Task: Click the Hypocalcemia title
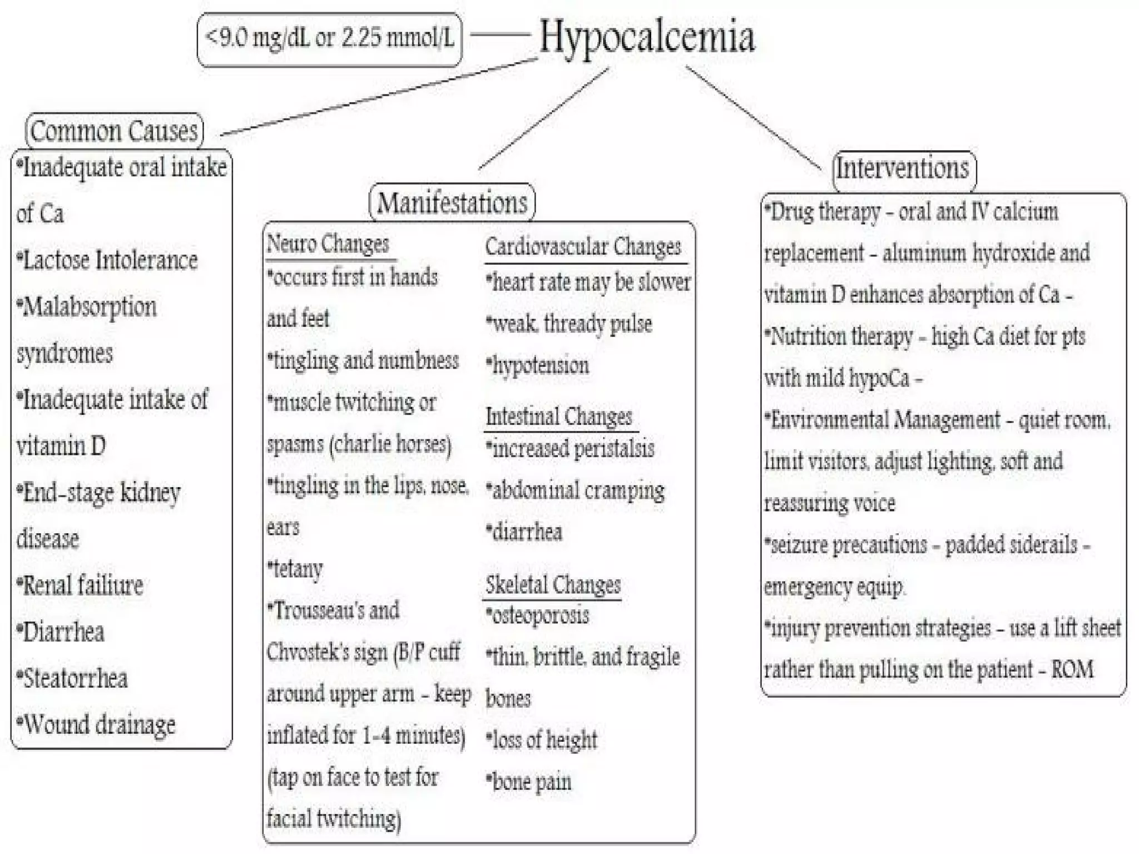pyautogui.click(x=647, y=37)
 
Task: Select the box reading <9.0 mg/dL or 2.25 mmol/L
pyautogui.click(x=329, y=39)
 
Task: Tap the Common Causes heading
pyautogui.click(x=114, y=131)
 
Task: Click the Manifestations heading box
pyautogui.click(x=452, y=202)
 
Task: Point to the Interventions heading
pyautogui.click(x=903, y=168)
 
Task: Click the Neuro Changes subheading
pyautogui.click(x=328, y=244)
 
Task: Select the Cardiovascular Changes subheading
pyautogui.click(x=583, y=247)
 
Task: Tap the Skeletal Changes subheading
pyautogui.click(x=553, y=585)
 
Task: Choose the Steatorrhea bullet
pyautogui.click(x=73, y=678)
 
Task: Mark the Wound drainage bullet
pyautogui.click(x=97, y=724)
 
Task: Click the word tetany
pyautogui.click(x=296, y=569)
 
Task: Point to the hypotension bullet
pyautogui.click(x=538, y=366)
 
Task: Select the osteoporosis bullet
pyautogui.click(x=538, y=615)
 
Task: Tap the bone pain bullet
pyautogui.click(x=529, y=782)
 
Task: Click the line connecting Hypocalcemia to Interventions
pyautogui.click(x=754, y=118)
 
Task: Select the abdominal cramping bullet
pyautogui.click(x=576, y=490)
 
